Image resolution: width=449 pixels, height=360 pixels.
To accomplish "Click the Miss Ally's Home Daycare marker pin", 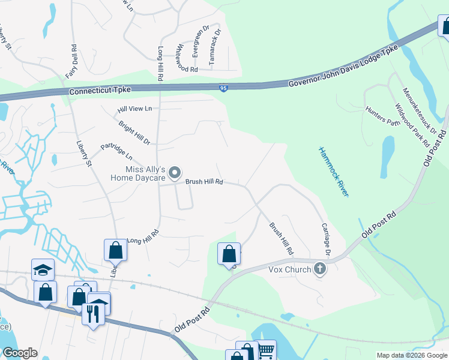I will coord(175,173).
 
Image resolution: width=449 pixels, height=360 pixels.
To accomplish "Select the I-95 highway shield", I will coord(223,88).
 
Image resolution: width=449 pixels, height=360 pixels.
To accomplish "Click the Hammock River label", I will coord(333,172).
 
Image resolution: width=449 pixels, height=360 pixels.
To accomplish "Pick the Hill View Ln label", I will coord(135,109).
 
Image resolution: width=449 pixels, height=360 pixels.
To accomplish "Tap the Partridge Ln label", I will coord(116,154).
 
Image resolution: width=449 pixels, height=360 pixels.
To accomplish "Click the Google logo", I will coord(19,353).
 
